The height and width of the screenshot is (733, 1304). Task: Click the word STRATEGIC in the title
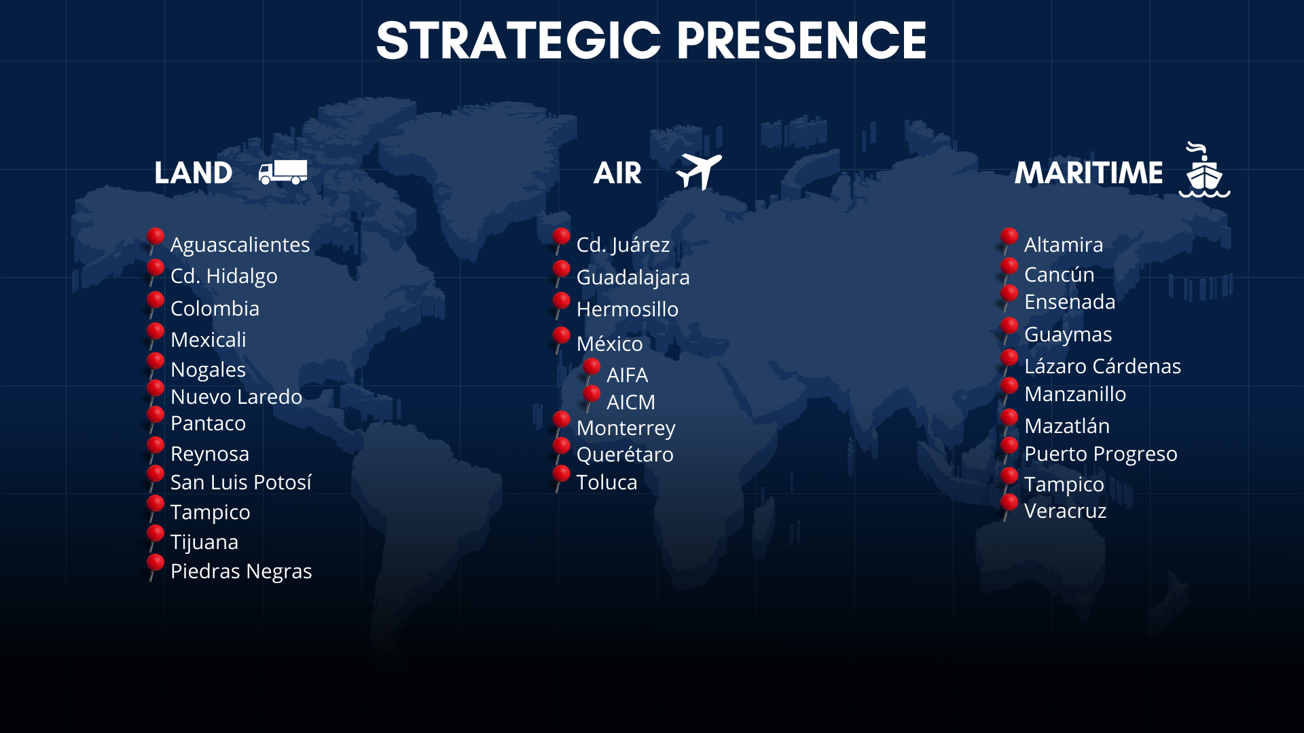point(518,41)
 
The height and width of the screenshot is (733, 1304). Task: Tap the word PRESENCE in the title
point(801,41)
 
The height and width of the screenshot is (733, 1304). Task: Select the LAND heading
point(194,173)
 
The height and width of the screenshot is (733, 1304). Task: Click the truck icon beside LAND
point(283,172)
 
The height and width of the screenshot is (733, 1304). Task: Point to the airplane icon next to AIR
point(698,171)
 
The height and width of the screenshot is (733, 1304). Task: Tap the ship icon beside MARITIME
point(1204,170)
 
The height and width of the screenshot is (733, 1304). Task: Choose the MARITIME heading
point(1089,173)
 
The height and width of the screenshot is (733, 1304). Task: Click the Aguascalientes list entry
point(240,244)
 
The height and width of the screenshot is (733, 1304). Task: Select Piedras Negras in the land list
point(241,571)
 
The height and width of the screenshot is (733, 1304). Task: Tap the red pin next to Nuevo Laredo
point(156,392)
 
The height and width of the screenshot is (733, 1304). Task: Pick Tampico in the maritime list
point(1064,485)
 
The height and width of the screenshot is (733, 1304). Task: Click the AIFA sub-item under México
point(627,375)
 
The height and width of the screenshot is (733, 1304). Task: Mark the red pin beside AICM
point(592,398)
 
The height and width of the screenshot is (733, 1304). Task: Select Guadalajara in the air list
point(633,277)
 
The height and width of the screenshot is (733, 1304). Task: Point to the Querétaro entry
point(625,455)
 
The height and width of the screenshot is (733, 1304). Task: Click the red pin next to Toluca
point(561,478)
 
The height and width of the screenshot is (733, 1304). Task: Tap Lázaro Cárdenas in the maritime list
point(1103,366)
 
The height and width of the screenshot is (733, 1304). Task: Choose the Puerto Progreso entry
point(1101,454)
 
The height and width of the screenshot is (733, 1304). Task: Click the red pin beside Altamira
point(1009,241)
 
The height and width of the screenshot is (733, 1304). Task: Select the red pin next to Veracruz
point(1009,507)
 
